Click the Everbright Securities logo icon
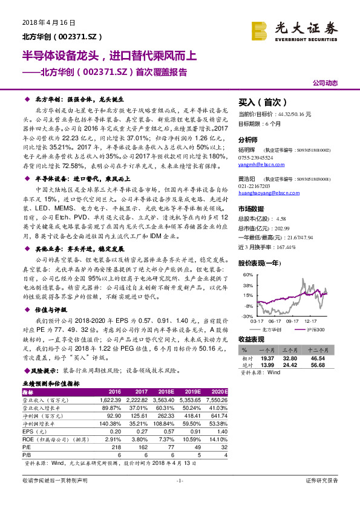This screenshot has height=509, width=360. tap(260, 30)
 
